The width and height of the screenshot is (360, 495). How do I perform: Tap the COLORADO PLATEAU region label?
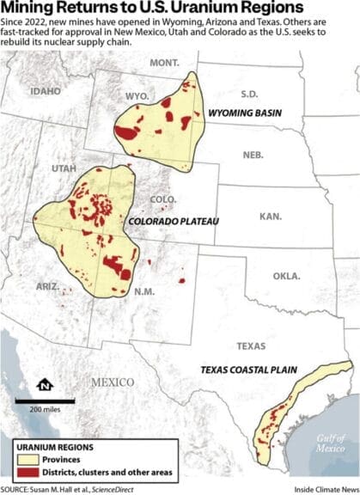174,222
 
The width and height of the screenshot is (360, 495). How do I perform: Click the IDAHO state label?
46,90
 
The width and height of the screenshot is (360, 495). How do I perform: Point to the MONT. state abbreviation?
163,63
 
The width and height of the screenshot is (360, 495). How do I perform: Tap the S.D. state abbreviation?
249,94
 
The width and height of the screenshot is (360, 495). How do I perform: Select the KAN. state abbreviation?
271,217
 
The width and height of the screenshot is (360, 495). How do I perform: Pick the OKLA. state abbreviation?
286,277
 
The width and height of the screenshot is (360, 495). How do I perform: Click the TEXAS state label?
251,346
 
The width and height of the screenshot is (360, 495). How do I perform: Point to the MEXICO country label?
113,382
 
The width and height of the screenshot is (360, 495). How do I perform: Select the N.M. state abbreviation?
143,292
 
